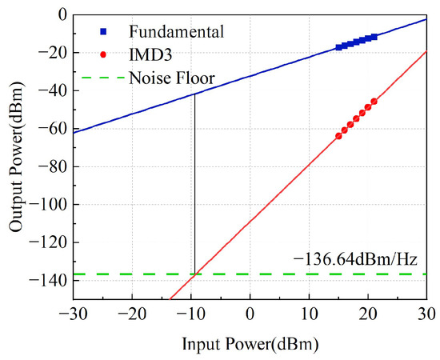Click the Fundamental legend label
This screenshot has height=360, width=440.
tap(176, 32)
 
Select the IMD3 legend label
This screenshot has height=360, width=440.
tap(150, 55)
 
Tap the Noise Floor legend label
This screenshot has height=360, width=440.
tap(172, 78)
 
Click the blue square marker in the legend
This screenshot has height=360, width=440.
tap(103, 32)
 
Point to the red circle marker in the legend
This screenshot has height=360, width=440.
tap(103, 55)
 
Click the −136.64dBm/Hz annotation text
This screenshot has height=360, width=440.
tap(355, 260)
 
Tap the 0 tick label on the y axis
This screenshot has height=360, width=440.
tap(62, 15)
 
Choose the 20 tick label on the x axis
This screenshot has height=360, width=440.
tap(368, 314)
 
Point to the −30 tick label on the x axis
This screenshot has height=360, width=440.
tap(73, 314)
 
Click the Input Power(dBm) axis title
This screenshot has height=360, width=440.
tap(250, 344)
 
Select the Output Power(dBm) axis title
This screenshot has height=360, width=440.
tap(16, 157)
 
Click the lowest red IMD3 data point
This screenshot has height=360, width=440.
tap(338, 136)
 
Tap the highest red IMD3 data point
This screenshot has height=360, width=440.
tap(374, 102)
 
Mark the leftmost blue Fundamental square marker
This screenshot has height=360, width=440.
tap(338, 47)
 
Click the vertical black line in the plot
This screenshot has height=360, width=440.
tap(194, 184)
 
